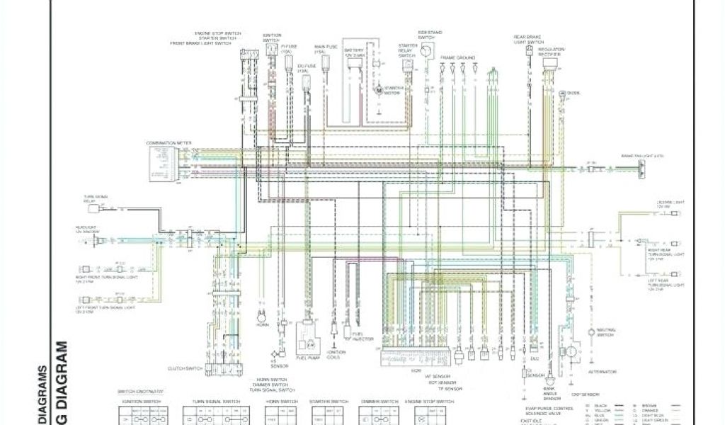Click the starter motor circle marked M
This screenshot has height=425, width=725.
coord(378,91)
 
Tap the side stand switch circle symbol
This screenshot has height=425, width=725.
coord(426,51)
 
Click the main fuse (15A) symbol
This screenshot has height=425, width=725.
coord(326,62)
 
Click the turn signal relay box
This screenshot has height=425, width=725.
coord(103,210)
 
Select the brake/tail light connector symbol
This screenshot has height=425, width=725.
coord(641,169)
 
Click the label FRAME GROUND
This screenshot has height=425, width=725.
coord(457,57)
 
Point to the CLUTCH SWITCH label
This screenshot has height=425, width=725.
coord(185,368)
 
